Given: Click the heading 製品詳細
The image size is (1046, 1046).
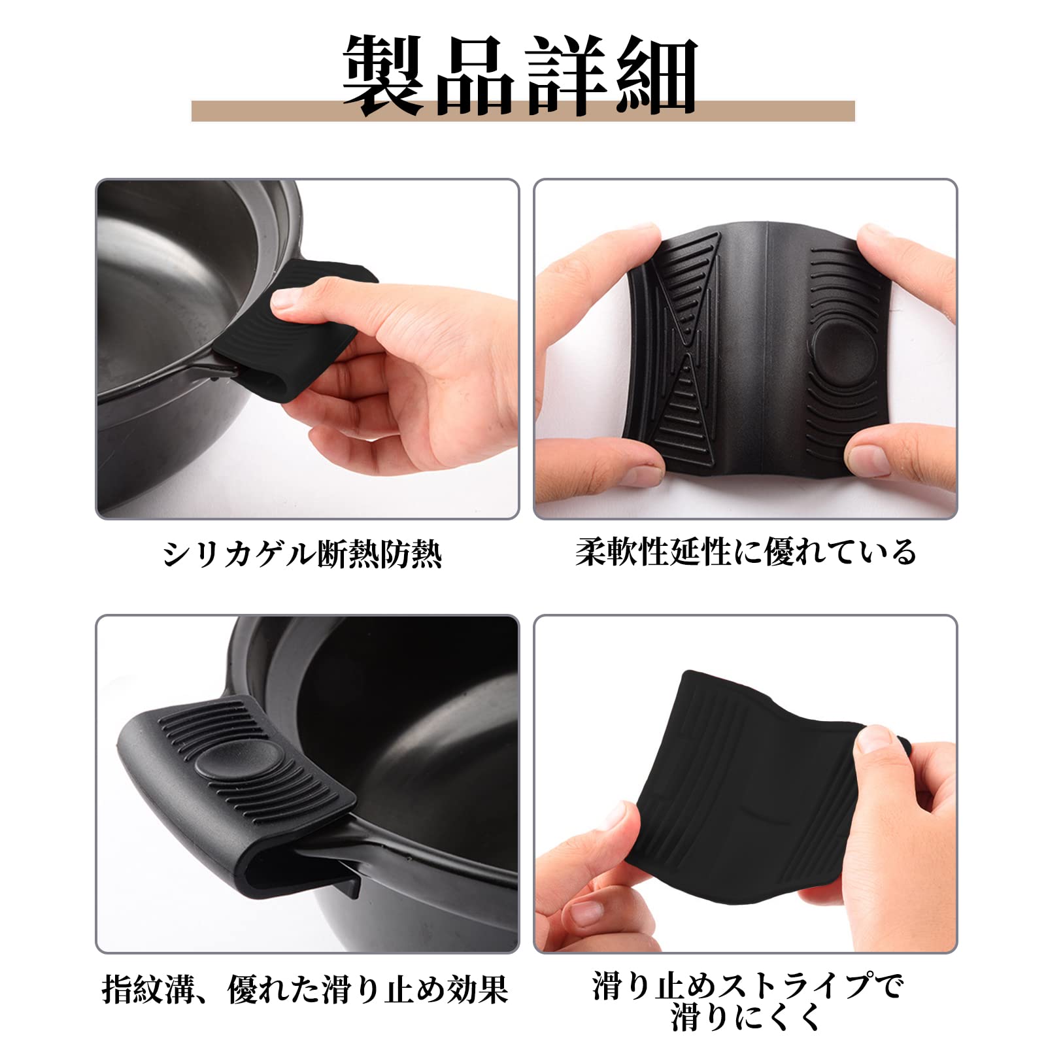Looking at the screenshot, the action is [x=521, y=76].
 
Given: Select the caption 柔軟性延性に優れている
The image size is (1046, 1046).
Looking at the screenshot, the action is [x=746, y=552].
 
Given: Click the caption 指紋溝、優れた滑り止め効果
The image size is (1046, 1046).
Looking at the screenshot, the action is [x=305, y=989].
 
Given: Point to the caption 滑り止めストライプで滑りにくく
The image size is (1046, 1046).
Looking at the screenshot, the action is [x=747, y=1001].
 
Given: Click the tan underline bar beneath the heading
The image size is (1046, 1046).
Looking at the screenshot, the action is [x=523, y=112].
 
